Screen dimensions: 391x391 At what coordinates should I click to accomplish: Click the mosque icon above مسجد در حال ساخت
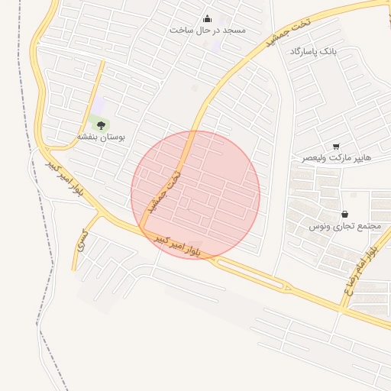pyautogui.click(x=207, y=19)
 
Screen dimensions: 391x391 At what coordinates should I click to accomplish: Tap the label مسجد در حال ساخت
pyautogui.click(x=207, y=30)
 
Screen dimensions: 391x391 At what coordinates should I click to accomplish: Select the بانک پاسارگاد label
pyautogui.click(x=312, y=51)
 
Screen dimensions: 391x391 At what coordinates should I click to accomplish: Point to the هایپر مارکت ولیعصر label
pyautogui.click(x=336, y=157)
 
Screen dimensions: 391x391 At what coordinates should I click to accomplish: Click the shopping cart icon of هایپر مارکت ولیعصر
pyautogui.click(x=336, y=146)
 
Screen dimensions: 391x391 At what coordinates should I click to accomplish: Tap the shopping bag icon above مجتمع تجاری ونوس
pyautogui.click(x=344, y=215)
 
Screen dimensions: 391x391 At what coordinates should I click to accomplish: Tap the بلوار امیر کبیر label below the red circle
pyautogui.click(x=178, y=245)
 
